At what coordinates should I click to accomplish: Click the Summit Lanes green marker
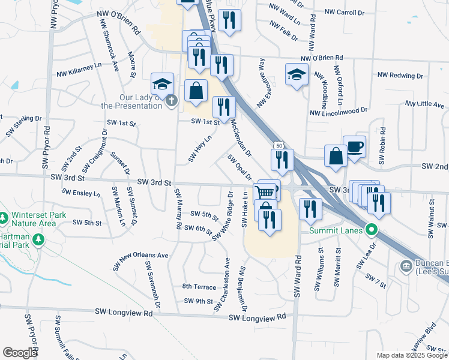[372, 230]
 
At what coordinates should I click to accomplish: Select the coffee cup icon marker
[354, 146]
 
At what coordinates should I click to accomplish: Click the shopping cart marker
[265, 192]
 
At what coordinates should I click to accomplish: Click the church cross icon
[172, 100]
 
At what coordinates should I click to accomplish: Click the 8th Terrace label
[199, 287]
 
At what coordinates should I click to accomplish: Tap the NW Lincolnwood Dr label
[338, 112]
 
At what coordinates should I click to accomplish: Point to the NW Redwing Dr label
[400, 76]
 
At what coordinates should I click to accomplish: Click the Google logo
[19, 353]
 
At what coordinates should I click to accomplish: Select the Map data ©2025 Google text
[411, 355]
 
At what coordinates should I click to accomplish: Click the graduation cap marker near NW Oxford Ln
[295, 74]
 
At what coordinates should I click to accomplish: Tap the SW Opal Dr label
[238, 167]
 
